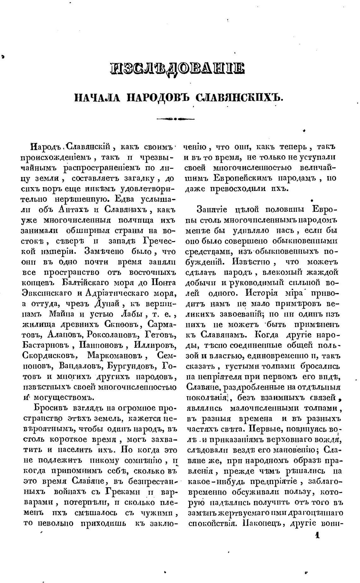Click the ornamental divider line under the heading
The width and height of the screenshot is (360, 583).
[176, 119]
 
